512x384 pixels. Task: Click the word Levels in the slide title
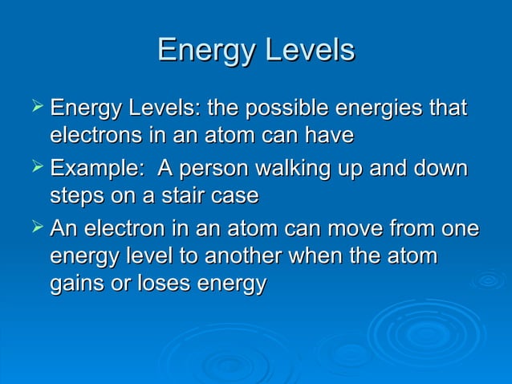click(311, 50)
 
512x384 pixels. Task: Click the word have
click(329, 137)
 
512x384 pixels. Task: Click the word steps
click(76, 195)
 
